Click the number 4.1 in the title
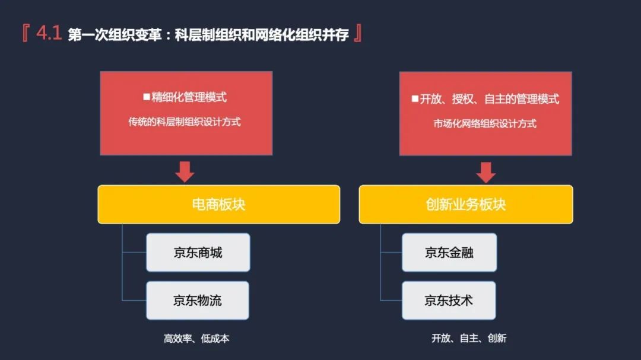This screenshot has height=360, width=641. [x=49, y=34]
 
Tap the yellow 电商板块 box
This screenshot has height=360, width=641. [x=218, y=205]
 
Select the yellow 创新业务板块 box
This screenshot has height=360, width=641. [x=466, y=205]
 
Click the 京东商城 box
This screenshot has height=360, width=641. [x=198, y=253]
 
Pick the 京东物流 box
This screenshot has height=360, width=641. [x=198, y=301]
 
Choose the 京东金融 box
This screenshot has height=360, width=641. [x=449, y=253]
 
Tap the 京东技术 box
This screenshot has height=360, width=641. [x=449, y=301]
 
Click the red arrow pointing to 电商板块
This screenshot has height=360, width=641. [x=185, y=171]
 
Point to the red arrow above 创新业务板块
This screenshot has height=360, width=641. [x=486, y=171]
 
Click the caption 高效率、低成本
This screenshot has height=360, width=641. [x=196, y=339]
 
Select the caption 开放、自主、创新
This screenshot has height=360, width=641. [x=469, y=339]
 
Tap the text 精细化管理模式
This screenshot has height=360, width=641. [x=189, y=97]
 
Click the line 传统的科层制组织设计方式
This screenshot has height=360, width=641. [x=185, y=122]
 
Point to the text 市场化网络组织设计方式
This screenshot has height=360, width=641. [x=485, y=124]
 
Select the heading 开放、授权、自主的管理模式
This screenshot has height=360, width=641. [x=490, y=99]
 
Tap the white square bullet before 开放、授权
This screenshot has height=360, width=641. [x=415, y=99]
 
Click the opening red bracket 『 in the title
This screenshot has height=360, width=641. [x=25, y=34]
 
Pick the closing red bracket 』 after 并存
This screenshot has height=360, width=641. [x=357, y=34]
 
